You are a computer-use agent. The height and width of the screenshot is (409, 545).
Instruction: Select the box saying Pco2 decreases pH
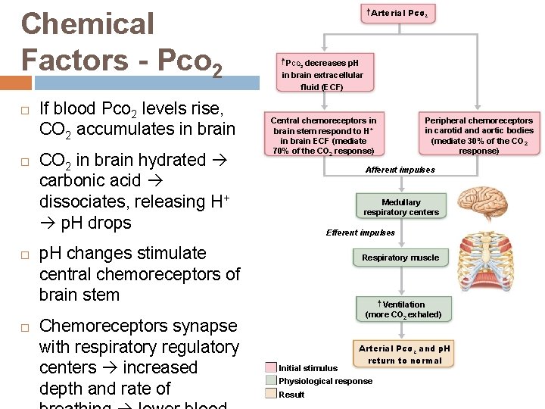322,74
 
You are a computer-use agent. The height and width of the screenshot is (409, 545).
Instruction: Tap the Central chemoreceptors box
323,135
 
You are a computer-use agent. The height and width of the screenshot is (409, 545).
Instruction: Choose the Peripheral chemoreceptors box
478,135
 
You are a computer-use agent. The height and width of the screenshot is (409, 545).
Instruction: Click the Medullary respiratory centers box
400,207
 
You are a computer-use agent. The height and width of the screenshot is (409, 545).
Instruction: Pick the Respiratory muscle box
400,258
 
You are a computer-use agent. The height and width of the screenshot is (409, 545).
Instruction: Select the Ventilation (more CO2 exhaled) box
403,309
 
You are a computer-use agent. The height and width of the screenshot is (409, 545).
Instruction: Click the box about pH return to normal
404,354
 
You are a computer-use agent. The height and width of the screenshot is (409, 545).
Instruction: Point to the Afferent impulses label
400,170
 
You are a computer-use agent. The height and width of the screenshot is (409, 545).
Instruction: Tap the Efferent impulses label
360,233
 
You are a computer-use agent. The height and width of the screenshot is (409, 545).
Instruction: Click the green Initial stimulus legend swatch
271,368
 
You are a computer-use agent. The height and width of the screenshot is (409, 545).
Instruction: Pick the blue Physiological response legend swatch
271,381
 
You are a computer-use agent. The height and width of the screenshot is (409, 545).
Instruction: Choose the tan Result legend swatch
271,394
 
